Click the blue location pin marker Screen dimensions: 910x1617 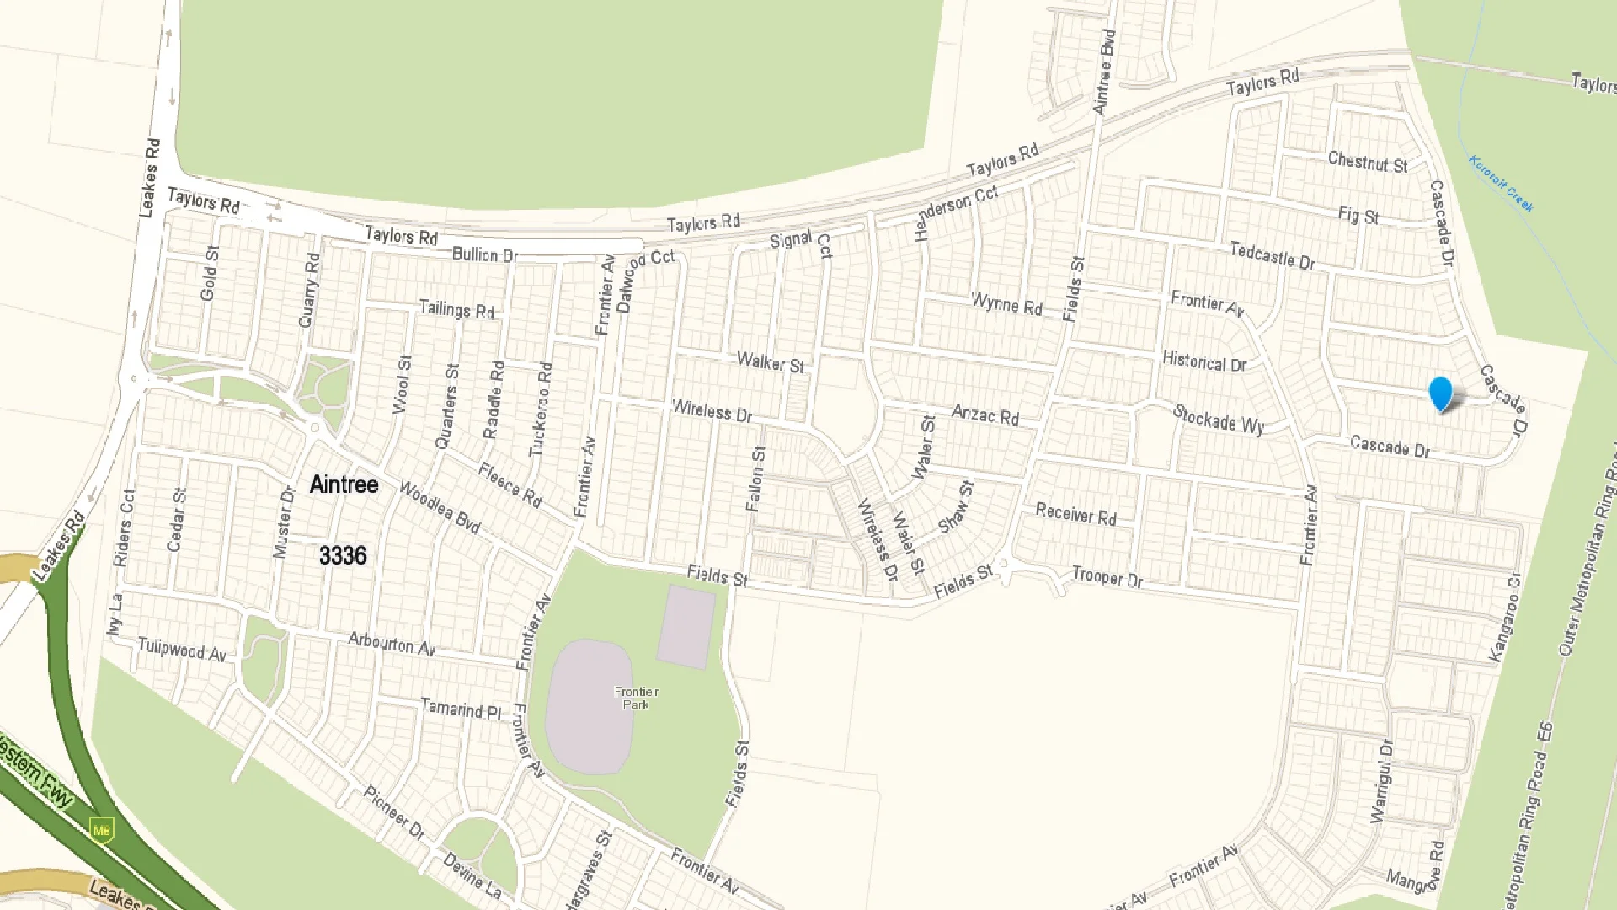pyautogui.click(x=1441, y=393)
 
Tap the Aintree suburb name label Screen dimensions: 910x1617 pyautogui.click(x=344, y=484)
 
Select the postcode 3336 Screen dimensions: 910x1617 pyautogui.click(x=343, y=555)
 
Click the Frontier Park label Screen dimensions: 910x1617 pyautogui.click(x=636, y=698)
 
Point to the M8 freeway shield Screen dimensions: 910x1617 pyautogui.click(x=102, y=830)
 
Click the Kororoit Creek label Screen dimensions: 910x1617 pyautogui.click(x=1501, y=183)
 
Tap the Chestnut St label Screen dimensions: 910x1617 pyautogui.click(x=1367, y=162)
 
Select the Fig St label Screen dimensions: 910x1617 pyautogui.click(x=1358, y=215)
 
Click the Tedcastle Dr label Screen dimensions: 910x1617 pyautogui.click(x=1272, y=255)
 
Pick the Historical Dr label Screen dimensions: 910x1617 pyautogui.click(x=1203, y=362)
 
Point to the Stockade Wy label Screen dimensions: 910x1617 pyautogui.click(x=1218, y=419)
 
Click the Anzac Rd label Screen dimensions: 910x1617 pyautogui.click(x=985, y=415)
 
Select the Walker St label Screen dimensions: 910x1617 pyautogui.click(x=770, y=362)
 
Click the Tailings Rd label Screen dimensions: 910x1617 pyautogui.click(x=456, y=309)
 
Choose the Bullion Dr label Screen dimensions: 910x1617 pyautogui.click(x=484, y=254)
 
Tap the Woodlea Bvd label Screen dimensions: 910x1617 pyautogui.click(x=439, y=507)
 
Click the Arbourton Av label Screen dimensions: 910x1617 pyautogui.click(x=392, y=644)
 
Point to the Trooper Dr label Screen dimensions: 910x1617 pyautogui.click(x=1107, y=578)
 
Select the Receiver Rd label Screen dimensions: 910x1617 pyautogui.click(x=1075, y=514)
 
